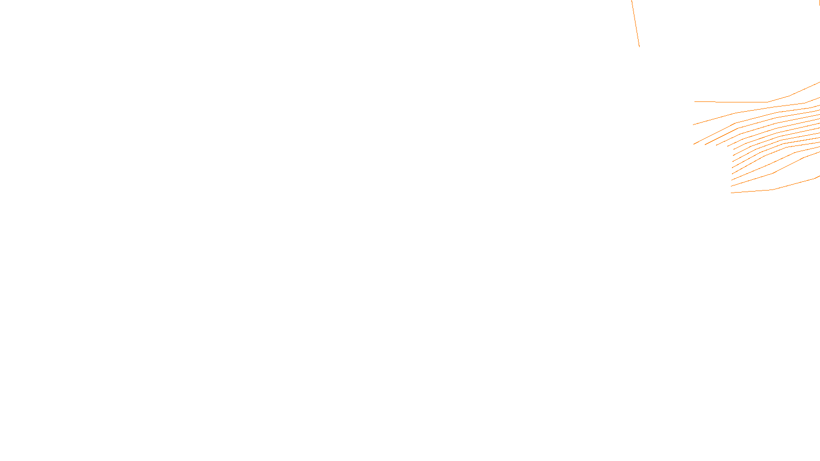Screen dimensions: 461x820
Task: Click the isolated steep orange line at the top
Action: tap(635, 23)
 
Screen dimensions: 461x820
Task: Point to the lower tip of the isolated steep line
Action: tap(639, 47)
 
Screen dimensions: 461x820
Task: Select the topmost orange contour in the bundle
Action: tap(743, 102)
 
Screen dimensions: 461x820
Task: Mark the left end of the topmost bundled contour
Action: tap(695, 101)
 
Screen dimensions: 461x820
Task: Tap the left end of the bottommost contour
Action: tap(731, 193)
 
